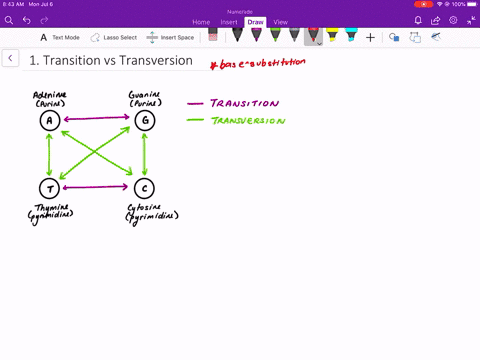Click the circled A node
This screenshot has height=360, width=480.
point(48,120)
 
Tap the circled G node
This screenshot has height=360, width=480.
point(145,120)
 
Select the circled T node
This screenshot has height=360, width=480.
point(48,187)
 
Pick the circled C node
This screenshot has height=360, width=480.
point(145,187)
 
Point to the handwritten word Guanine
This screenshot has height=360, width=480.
point(143,94)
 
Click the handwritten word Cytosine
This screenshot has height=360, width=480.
point(148,206)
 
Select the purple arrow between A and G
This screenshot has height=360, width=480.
point(96,120)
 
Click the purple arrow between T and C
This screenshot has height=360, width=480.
point(96,187)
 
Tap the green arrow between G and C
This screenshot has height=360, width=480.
point(145,153)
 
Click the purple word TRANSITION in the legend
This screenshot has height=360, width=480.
point(247,103)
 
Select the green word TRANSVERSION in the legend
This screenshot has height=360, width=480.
point(250,121)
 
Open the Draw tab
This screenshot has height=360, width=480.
point(256,21)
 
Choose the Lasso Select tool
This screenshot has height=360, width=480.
point(113,37)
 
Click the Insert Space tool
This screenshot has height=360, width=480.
point(171,37)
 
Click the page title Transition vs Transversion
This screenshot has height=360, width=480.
point(110,60)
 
